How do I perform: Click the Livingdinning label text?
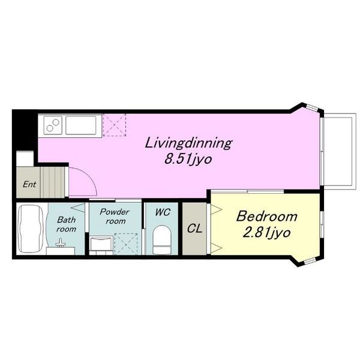click(188, 144)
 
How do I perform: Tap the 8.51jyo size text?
click(188, 160)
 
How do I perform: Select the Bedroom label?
click(267, 216)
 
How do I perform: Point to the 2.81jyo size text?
click(267, 233)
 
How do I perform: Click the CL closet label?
click(194, 229)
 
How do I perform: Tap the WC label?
click(163, 212)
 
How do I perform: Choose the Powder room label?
click(115, 216)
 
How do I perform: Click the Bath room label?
click(67, 224)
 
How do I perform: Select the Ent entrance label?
click(29, 184)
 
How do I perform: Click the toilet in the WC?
click(162, 239)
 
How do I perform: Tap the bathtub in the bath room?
click(31, 229)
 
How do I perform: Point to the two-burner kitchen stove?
click(53, 125)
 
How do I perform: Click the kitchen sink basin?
click(81, 125)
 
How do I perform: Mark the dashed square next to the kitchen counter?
click(115, 125)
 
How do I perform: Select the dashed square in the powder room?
click(126, 244)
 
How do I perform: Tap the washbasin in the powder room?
click(101, 244)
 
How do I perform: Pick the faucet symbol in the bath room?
click(61, 243)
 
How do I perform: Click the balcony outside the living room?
click(340, 151)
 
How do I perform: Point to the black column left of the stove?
click(25, 130)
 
